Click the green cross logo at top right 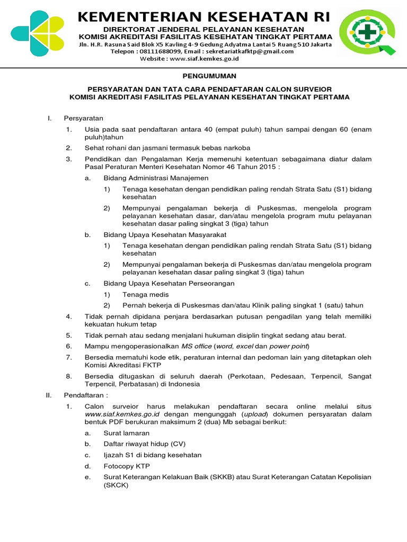367,33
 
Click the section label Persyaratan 83,118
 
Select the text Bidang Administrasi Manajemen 156,178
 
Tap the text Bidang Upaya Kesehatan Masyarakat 165,234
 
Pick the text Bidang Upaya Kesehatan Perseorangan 169,283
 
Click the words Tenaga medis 145,294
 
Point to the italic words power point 288,346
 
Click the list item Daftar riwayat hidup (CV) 144,444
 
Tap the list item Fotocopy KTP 127,466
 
